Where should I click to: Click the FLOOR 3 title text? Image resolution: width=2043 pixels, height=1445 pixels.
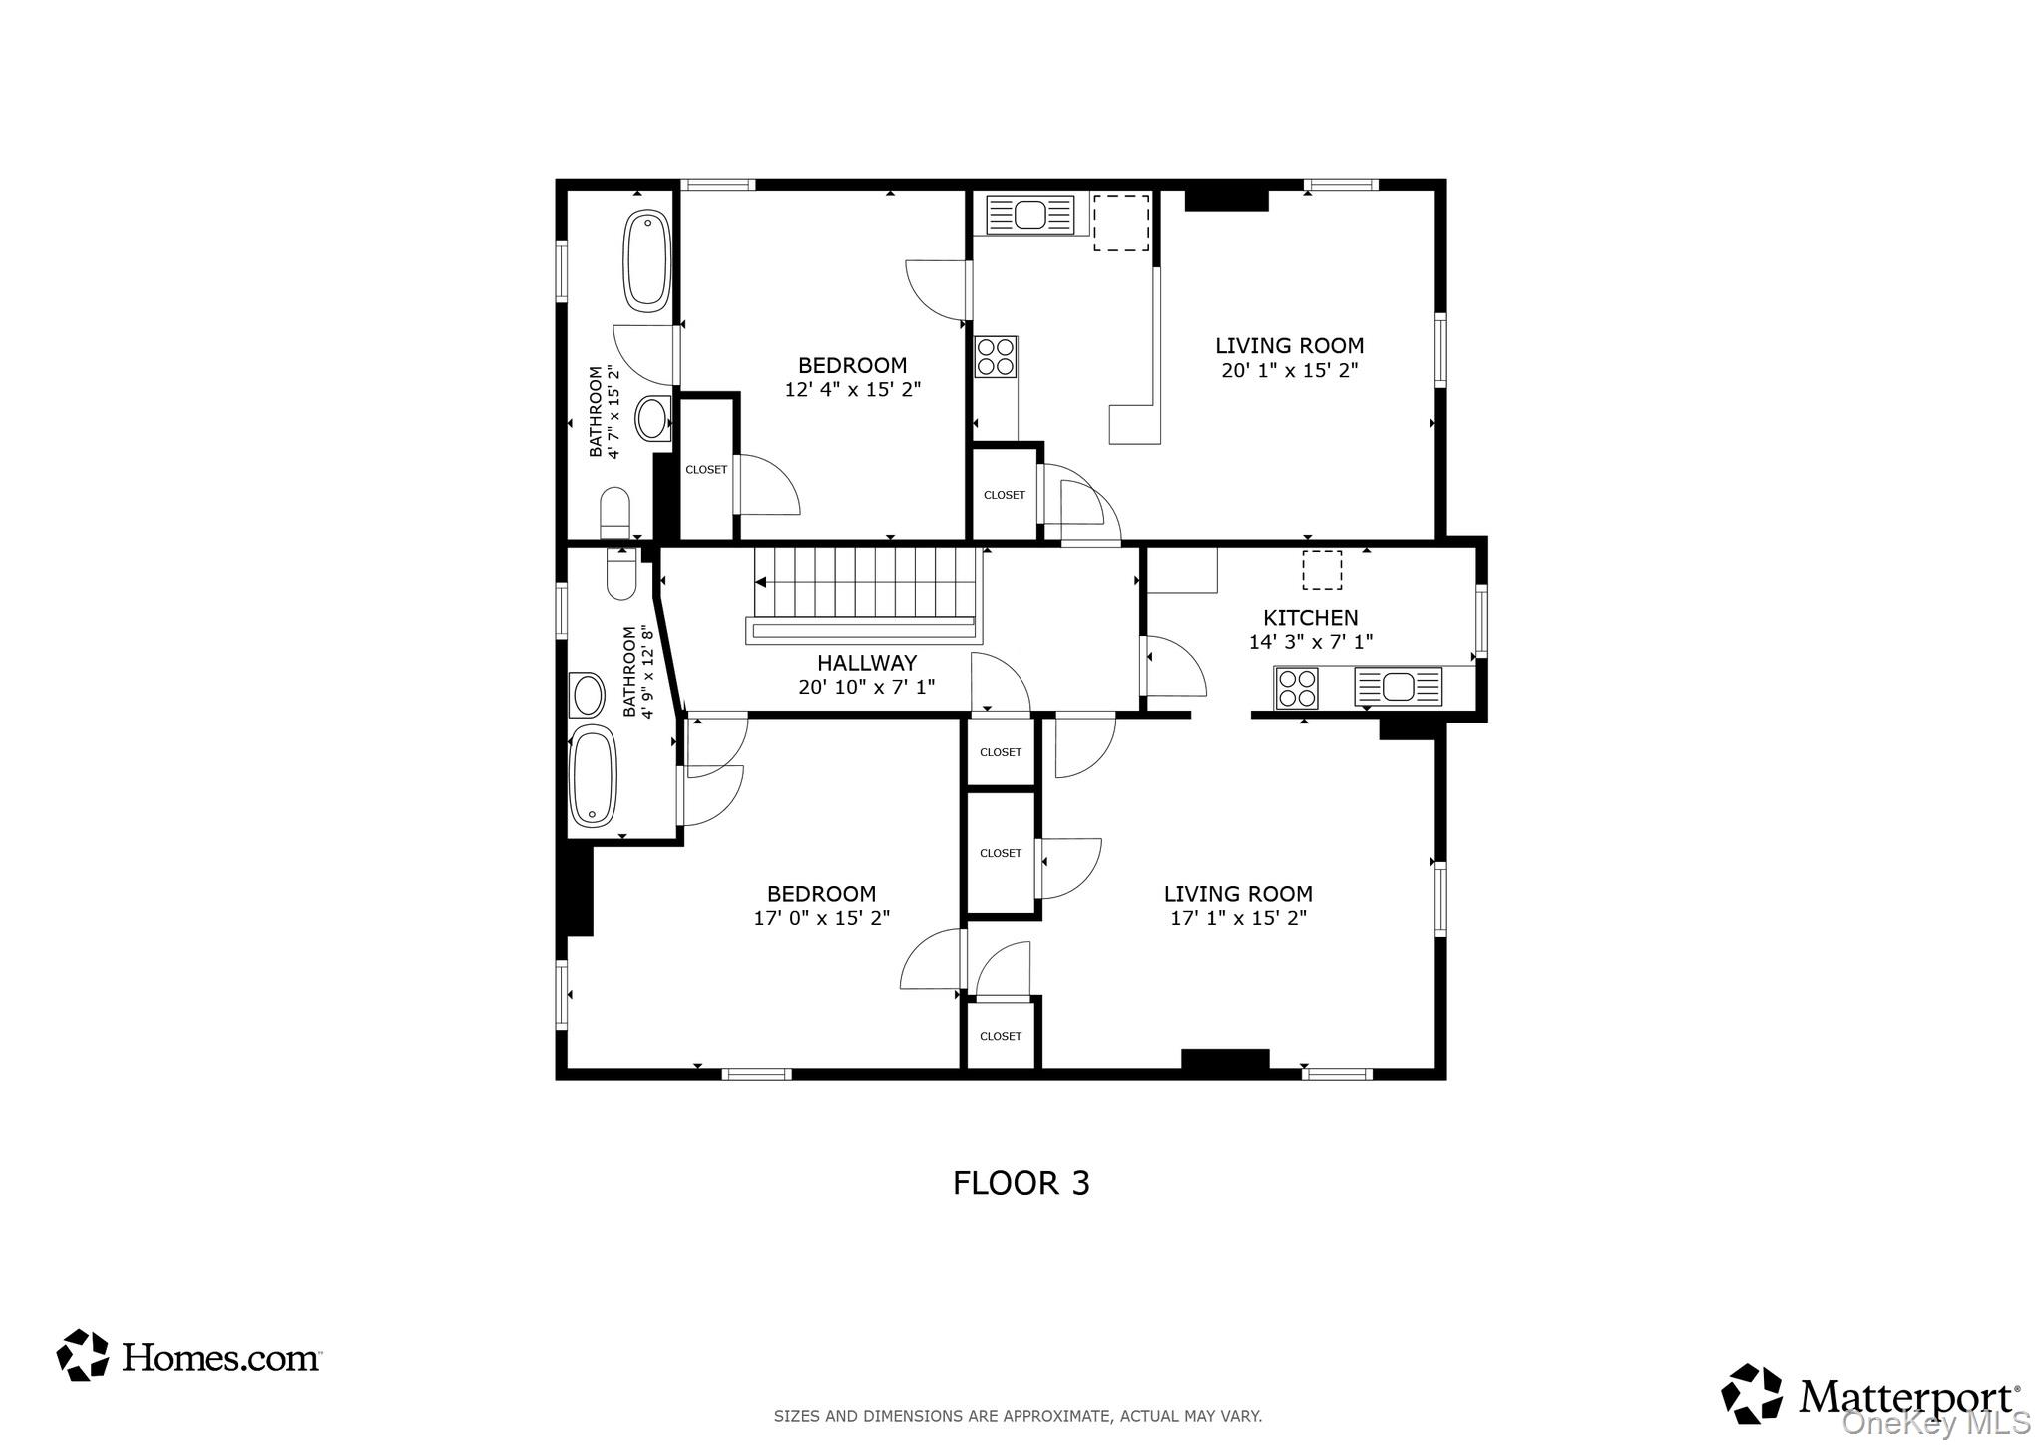click(1021, 1183)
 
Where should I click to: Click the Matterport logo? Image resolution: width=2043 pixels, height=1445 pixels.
click(1870, 1394)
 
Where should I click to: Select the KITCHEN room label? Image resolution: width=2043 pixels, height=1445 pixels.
click(1310, 618)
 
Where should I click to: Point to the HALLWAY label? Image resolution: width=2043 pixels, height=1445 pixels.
click(866, 663)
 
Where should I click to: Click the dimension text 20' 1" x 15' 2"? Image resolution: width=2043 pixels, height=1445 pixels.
click(1289, 371)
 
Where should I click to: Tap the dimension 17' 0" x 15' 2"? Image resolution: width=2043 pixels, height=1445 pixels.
click(821, 918)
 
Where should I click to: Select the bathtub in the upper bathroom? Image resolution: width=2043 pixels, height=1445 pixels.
click(646, 260)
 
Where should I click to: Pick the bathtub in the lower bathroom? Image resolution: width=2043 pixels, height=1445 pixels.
click(593, 777)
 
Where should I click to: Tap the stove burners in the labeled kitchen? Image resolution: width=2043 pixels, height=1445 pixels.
click(1297, 688)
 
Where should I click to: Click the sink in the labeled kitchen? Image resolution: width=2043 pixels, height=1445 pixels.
click(1398, 687)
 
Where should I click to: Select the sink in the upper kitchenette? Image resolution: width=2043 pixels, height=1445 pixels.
click(1029, 214)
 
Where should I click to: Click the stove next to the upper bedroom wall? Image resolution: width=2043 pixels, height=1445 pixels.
click(996, 357)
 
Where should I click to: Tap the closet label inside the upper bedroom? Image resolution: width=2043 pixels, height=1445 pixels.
click(706, 470)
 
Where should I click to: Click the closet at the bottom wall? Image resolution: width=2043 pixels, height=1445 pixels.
click(1001, 1036)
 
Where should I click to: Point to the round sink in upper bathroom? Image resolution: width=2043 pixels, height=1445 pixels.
click(654, 419)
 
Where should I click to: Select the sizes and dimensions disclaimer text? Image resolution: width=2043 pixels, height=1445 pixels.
click(1018, 1416)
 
